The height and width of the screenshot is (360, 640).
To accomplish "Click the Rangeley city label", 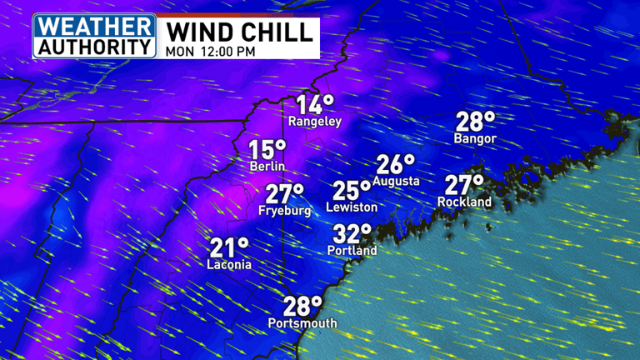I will [x=315, y=122].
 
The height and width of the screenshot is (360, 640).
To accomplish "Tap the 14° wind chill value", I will [x=314, y=105].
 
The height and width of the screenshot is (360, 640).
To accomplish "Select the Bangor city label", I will [x=475, y=138].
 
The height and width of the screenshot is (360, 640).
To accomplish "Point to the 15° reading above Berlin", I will [x=267, y=150].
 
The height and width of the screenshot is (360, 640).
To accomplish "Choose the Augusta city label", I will [x=396, y=181].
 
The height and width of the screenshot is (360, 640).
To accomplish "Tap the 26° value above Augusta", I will [x=395, y=164].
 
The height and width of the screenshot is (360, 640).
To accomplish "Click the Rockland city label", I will [x=464, y=202].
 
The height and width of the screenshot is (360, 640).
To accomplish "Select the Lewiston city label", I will [x=352, y=207].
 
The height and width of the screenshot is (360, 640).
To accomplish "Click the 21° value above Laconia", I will [x=229, y=247].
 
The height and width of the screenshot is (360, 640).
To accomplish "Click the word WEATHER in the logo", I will [x=94, y=24].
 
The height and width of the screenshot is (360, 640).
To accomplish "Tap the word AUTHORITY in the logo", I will [x=94, y=45].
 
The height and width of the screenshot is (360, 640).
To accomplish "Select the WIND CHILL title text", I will [x=240, y=31].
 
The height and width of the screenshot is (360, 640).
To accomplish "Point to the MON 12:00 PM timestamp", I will [x=209, y=50].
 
